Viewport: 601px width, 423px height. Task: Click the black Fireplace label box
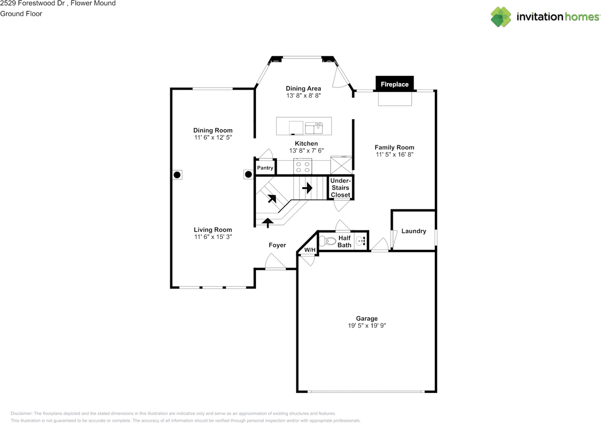coord(394,84)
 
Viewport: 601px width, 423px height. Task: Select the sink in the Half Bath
coord(360,242)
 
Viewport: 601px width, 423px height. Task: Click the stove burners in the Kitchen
coord(302,166)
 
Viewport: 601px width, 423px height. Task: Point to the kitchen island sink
coord(314,127)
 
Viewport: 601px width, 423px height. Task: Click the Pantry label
coord(265,168)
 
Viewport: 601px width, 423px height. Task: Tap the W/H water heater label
coord(309,250)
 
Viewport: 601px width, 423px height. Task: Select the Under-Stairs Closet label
coord(340,188)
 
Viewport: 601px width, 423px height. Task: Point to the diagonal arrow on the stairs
coord(272,198)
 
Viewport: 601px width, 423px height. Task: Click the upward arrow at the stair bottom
coord(268,222)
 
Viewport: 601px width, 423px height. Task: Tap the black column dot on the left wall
coord(177,175)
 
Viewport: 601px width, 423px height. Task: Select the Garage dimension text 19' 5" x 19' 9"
coord(366,325)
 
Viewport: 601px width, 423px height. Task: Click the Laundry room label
coord(414,231)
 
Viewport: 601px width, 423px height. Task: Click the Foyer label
coord(277,245)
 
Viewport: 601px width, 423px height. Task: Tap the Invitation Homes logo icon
coord(501,17)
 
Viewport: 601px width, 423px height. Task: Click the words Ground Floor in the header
coord(21,14)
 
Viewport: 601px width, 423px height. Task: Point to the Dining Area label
coord(303,88)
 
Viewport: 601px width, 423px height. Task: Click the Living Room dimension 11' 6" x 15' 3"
coord(213,237)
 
